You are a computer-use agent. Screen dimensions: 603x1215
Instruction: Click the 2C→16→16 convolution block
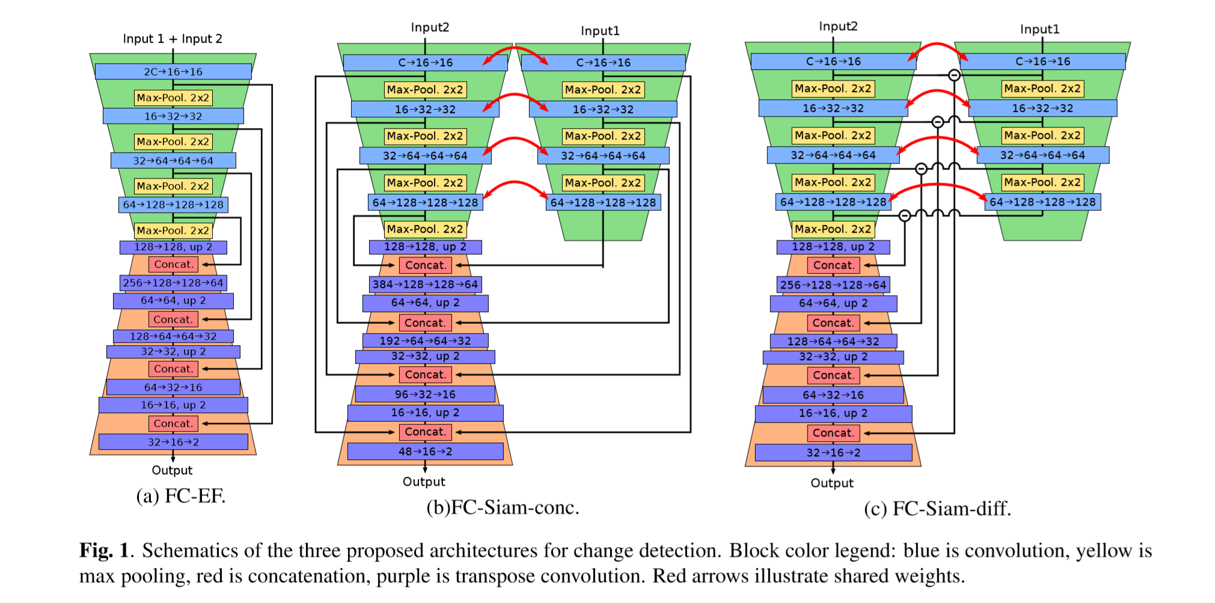coord(173,72)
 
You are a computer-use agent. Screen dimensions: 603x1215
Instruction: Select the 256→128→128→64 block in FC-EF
coord(173,283)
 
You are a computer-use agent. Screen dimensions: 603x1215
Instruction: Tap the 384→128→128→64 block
coord(425,284)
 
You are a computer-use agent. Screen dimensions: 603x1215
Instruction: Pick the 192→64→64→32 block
coord(425,341)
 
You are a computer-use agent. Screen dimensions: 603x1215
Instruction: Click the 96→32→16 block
coord(425,394)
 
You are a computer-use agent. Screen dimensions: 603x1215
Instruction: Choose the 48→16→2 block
coord(425,451)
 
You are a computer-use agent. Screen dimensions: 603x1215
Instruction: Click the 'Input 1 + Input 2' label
coord(173,39)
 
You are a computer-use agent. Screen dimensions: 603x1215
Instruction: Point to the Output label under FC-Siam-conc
coord(424,482)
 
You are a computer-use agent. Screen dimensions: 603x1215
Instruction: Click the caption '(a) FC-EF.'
coord(181,496)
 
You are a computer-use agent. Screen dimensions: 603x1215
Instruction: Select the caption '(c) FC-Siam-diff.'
coord(937,509)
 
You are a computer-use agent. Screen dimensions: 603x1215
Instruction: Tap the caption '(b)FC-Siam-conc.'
coord(503,507)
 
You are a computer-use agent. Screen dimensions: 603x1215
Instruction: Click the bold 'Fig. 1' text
coord(104,550)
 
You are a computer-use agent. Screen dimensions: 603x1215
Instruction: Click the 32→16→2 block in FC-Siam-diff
coord(833,453)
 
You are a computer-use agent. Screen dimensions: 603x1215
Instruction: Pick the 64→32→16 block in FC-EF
coord(173,387)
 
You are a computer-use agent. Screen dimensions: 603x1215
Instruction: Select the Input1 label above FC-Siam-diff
coord(1039,29)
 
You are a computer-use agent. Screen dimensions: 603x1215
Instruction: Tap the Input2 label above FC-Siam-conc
coord(430,28)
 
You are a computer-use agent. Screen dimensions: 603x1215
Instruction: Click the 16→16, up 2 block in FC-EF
coord(173,405)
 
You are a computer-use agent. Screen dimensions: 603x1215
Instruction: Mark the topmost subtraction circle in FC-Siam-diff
coord(954,75)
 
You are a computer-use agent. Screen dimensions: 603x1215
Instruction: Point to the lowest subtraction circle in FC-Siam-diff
coord(905,215)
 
